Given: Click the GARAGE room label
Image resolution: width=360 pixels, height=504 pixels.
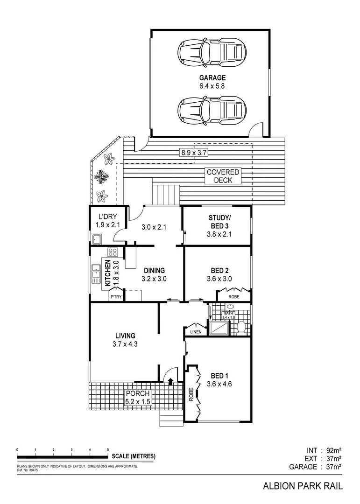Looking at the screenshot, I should click(212, 78).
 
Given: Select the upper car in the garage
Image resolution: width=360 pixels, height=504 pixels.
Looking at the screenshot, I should click(212, 52).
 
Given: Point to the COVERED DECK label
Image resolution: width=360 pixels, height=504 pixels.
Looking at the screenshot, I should click(223, 176).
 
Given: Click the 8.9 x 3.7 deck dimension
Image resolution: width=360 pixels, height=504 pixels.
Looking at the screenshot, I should click(194, 152).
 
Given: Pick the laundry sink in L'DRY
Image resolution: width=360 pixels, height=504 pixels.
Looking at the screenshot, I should click(97, 240).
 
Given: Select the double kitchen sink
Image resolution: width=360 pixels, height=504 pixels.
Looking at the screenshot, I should click(96, 273).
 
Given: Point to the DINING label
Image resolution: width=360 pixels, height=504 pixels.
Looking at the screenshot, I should click(154, 270).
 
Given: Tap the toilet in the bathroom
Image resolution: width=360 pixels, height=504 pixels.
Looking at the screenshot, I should click(240, 327).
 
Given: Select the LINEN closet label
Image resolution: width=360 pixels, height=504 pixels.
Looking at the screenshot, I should click(196, 332).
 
